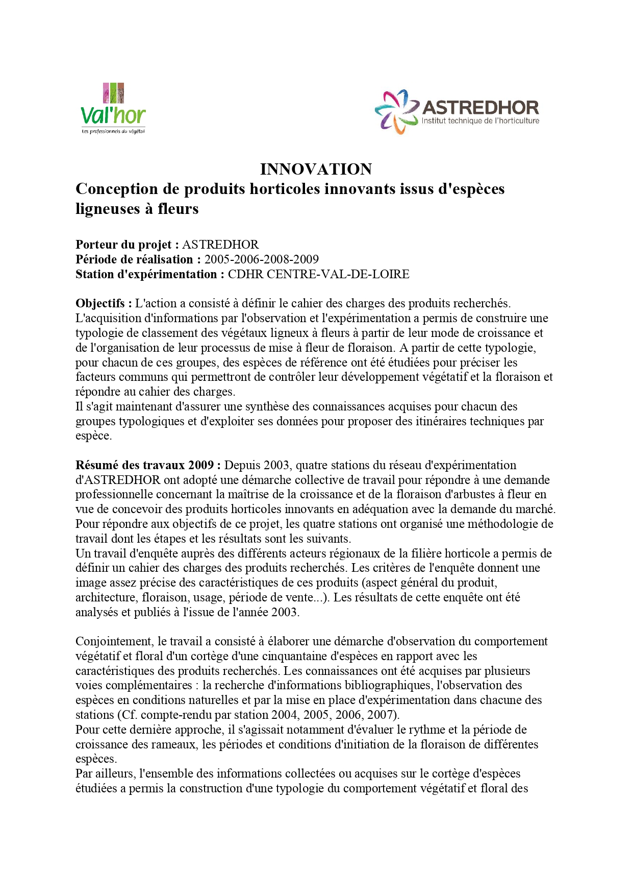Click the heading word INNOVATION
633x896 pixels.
click(x=316, y=169)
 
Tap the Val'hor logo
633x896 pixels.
click(x=113, y=109)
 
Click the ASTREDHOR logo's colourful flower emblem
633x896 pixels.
click(x=396, y=111)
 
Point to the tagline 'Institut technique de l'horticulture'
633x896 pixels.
click(x=480, y=121)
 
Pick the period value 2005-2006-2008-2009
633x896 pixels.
click(x=262, y=259)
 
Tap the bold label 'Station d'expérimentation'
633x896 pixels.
click(x=146, y=274)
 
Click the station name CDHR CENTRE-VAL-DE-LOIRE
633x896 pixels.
click(x=318, y=274)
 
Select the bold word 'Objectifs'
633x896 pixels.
click(x=100, y=303)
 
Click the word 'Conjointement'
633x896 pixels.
click(x=115, y=641)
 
